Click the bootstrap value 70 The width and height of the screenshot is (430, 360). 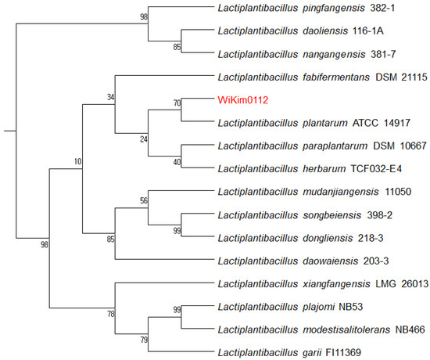click(x=177, y=103)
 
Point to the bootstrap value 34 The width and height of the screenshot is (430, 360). click(x=109, y=97)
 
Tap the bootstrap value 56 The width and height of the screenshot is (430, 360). click(x=143, y=200)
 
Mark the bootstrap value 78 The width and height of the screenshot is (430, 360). click(x=109, y=314)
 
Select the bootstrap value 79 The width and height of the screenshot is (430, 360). click(x=143, y=339)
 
